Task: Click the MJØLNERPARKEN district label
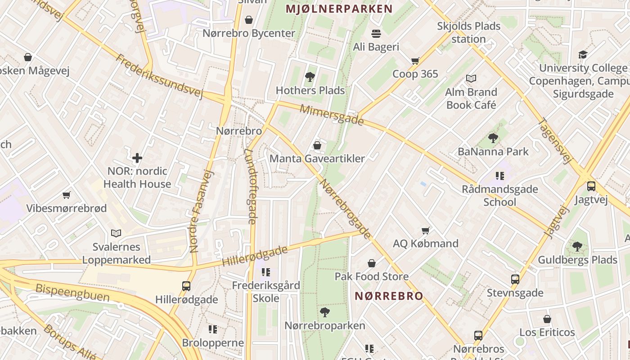[339, 9]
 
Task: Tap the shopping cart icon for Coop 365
[415, 61]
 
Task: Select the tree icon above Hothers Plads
[310, 77]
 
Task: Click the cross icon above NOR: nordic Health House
[137, 158]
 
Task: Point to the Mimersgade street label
[332, 115]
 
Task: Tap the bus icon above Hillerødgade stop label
[186, 286]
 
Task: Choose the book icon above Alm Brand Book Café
[471, 79]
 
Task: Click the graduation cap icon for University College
[583, 55]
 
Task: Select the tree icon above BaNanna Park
[493, 138]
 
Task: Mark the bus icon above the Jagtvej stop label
[591, 186]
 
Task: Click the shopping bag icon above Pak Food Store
[372, 263]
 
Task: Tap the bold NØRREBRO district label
[389, 296]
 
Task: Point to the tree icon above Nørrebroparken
[324, 312]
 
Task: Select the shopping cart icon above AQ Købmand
[426, 230]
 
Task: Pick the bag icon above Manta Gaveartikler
[317, 145]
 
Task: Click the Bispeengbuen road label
[72, 292]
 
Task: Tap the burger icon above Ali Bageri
[376, 33]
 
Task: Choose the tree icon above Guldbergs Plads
[577, 246]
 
